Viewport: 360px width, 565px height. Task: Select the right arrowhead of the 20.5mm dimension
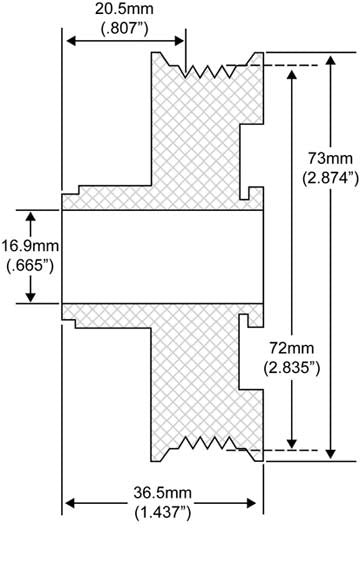(x=180, y=40)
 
